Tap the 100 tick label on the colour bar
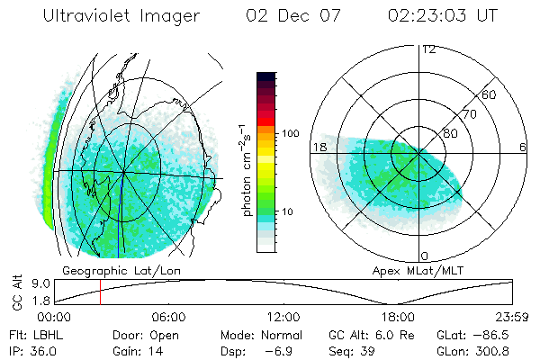click(x=291, y=133)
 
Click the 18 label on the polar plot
click(x=319, y=147)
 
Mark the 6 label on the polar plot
click(x=523, y=147)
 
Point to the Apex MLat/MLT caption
click(x=417, y=270)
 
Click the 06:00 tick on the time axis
click(x=168, y=318)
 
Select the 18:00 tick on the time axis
click(x=399, y=318)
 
